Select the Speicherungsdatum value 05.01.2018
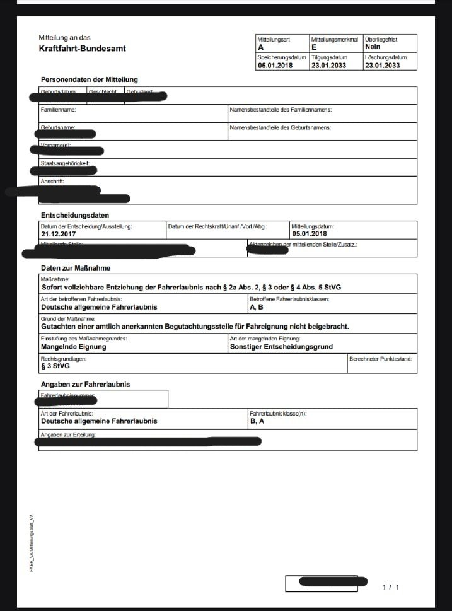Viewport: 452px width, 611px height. click(275, 65)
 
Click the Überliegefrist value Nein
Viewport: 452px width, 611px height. click(373, 47)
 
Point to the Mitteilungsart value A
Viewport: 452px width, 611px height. click(260, 47)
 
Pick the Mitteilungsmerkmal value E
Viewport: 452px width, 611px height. click(313, 47)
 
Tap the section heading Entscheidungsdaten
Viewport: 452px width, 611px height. click(70, 215)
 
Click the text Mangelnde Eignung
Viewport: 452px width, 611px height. click(73, 346)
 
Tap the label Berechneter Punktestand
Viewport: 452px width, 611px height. click(381, 359)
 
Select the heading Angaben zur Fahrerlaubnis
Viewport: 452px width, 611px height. click(86, 384)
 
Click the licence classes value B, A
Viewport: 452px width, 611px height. click(257, 421)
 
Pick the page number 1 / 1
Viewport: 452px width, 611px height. click(391, 587)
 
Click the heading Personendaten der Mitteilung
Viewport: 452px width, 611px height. click(89, 79)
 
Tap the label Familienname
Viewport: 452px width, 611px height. click(59, 110)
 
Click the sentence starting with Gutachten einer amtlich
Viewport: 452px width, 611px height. click(194, 326)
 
